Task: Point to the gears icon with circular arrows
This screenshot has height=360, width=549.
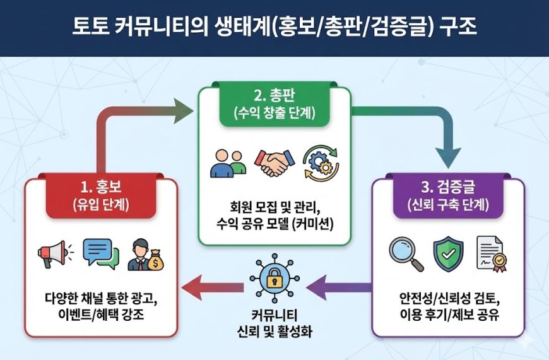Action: click(x=321, y=163)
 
